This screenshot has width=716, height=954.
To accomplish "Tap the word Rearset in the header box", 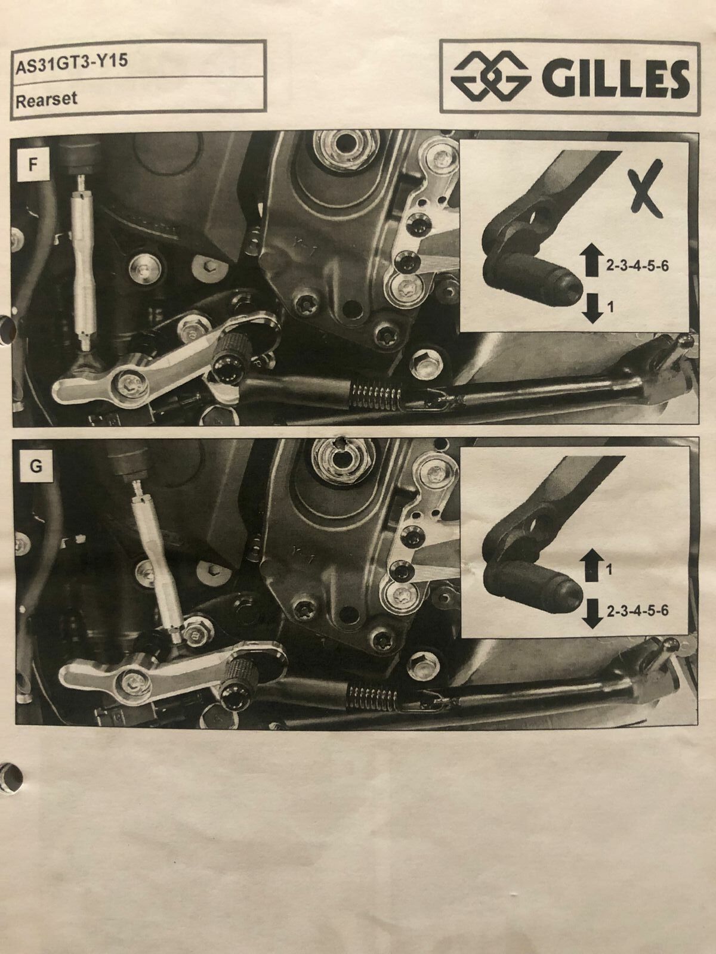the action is [46, 100].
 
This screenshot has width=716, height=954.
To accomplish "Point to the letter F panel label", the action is [32, 166].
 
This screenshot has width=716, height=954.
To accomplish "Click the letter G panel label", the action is [36, 466].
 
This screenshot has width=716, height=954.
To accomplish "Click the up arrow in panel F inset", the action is [592, 260].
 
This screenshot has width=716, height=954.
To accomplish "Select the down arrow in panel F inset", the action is [592, 308].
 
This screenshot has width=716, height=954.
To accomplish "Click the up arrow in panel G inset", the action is [592, 565].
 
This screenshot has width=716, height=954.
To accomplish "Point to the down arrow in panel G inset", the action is [592, 611].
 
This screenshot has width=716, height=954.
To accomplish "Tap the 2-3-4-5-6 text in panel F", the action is [637, 266].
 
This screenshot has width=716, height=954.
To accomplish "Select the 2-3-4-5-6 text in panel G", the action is [637, 611].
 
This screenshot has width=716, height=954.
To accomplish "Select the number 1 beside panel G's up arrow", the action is [609, 569].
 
